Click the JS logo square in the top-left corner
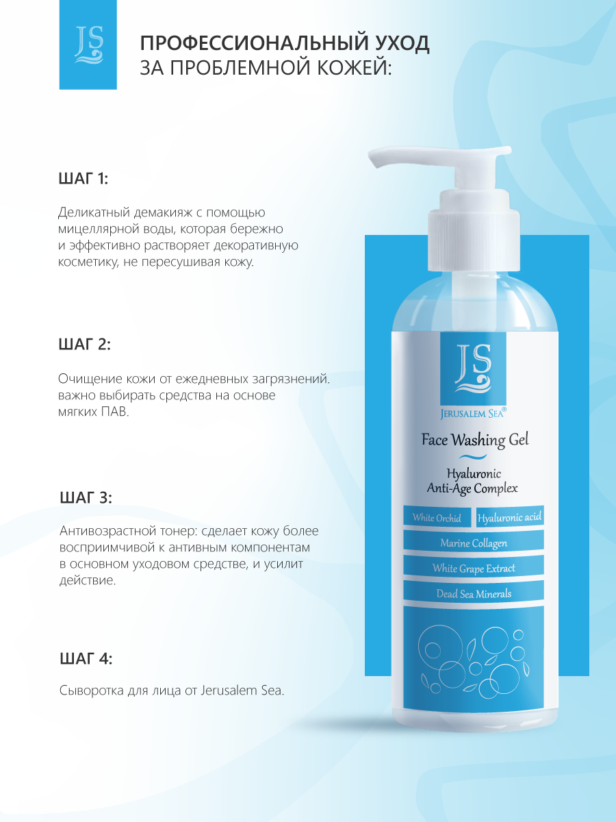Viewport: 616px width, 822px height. [88, 45]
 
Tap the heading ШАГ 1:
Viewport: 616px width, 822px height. [84, 179]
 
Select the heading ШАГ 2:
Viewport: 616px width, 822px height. [85, 345]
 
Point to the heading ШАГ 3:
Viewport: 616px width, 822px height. [86, 498]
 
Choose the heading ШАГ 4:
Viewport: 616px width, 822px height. [86, 659]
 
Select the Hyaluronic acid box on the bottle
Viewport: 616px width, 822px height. [510, 517]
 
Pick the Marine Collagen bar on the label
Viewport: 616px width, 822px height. [474, 543]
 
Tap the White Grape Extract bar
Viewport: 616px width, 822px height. [474, 568]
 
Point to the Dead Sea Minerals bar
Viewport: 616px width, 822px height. [474, 594]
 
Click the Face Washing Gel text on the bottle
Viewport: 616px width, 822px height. [475, 440]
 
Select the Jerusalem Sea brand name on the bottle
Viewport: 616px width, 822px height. [473, 413]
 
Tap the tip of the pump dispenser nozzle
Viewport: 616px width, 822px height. [373, 160]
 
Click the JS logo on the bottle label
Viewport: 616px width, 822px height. [473, 369]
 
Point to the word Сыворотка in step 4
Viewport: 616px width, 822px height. [91, 690]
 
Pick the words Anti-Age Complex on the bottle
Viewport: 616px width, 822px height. [472, 488]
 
